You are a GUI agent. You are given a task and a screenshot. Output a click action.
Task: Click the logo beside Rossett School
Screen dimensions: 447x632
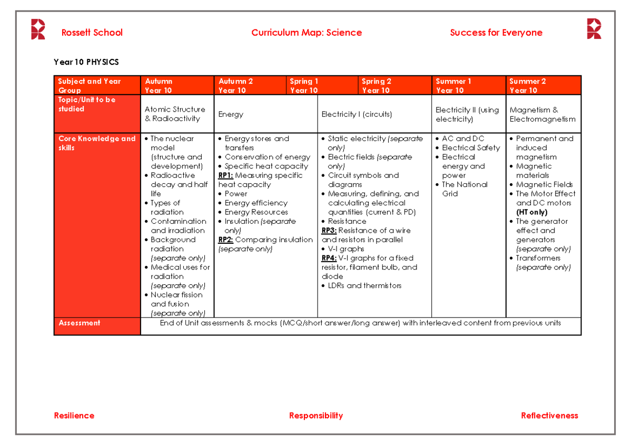coord(38,29)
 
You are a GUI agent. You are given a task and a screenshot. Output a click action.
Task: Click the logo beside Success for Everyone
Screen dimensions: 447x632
coord(594,29)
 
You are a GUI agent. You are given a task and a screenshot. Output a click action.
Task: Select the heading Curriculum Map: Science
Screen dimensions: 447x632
coord(307,33)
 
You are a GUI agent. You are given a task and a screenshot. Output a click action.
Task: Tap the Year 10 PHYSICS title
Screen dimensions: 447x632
coord(86,62)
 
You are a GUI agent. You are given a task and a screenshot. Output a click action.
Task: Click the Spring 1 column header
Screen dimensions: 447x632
coord(304,85)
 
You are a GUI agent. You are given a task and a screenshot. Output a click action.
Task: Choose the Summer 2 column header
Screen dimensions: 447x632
coord(527,85)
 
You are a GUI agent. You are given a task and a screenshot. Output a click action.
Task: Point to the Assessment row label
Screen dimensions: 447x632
coord(80,323)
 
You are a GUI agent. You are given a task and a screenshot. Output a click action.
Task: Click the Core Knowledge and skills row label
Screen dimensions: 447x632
coord(96,143)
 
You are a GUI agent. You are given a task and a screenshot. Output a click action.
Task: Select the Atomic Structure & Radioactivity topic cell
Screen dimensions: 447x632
coord(175,114)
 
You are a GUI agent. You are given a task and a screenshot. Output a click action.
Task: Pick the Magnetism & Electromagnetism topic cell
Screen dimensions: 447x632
coord(542,114)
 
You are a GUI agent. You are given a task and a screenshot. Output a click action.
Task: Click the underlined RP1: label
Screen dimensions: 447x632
coord(225,175)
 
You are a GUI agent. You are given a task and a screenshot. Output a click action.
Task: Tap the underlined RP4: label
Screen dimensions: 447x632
coord(329,258)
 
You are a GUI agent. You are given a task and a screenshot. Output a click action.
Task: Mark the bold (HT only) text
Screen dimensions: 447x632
coord(531,212)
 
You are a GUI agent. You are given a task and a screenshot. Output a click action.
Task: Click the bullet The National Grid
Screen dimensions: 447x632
coord(464,189)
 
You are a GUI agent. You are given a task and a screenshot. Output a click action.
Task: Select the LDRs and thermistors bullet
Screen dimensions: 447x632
coord(364,285)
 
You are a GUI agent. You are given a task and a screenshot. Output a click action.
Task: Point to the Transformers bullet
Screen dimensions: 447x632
coord(538,258)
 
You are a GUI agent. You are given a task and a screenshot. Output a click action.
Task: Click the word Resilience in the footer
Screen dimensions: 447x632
coord(74,415)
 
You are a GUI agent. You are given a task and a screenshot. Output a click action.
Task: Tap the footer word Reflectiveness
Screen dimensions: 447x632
coord(549,415)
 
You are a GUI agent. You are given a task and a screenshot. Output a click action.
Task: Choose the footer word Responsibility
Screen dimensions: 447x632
coord(316,415)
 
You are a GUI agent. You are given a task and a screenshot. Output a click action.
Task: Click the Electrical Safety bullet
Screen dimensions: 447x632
coord(470,148)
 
